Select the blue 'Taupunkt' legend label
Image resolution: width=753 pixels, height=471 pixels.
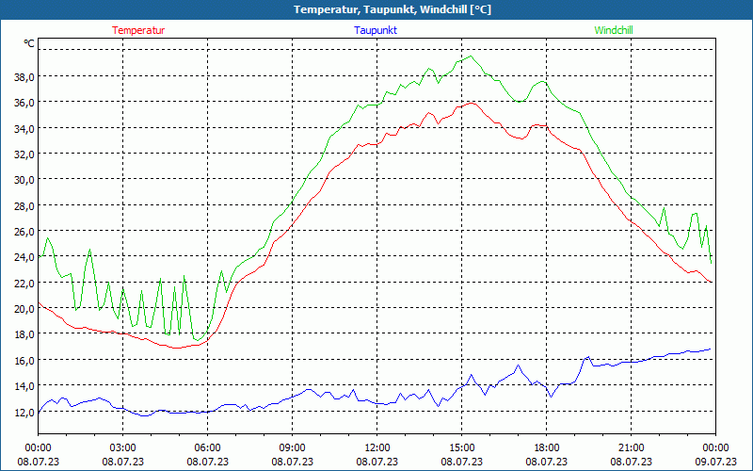click(376, 30)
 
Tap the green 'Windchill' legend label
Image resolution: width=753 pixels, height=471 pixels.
click(614, 30)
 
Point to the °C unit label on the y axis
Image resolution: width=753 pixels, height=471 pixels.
click(29, 43)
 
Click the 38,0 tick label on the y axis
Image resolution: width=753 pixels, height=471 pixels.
click(24, 76)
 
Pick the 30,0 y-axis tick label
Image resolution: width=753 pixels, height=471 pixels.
click(24, 179)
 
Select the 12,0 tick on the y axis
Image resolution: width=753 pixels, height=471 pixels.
click(24, 412)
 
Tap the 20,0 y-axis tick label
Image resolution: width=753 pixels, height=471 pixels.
click(24, 308)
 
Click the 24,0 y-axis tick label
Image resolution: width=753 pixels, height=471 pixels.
click(24, 256)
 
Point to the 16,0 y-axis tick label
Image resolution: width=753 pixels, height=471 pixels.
click(24, 360)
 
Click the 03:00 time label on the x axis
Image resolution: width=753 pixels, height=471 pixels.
click(123, 447)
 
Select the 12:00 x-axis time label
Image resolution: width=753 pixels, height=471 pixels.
click(377, 447)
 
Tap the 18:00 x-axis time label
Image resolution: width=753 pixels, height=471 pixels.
click(547, 447)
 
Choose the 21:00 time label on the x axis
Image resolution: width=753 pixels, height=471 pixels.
click(632, 447)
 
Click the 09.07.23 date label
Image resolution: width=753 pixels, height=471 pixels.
click(715, 461)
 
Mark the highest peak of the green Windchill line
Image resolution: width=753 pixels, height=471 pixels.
click(470, 56)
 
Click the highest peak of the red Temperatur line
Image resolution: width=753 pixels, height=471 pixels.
click(468, 103)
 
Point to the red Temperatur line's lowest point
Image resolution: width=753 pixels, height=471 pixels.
click(176, 348)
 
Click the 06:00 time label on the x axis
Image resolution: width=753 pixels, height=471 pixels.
click(208, 447)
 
